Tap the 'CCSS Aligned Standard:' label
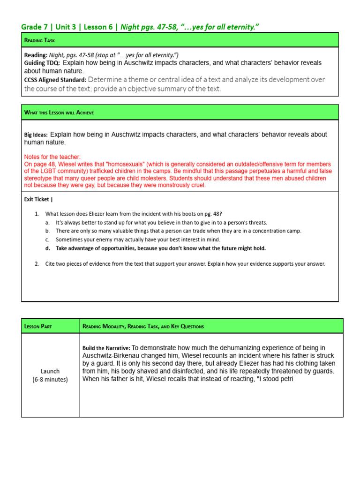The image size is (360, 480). coord(55,80)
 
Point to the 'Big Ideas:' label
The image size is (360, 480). coord(36,135)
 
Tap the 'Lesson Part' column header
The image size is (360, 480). coord(39,326)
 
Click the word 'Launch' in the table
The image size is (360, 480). coord(50,371)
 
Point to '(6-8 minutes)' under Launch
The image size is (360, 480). coord(50,379)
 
